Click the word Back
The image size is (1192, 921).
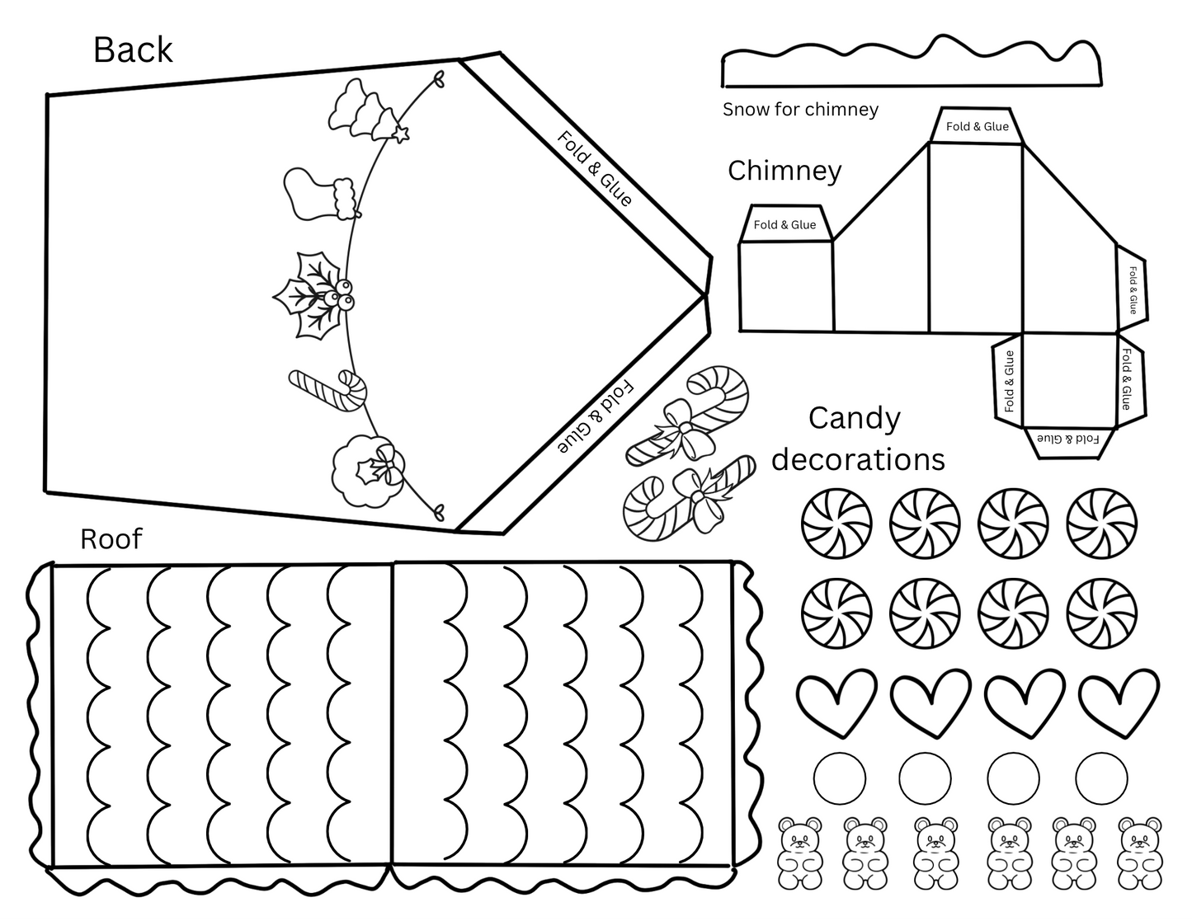click(x=133, y=50)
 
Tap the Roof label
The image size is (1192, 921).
click(x=111, y=539)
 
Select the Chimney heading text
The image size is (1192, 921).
click(x=784, y=171)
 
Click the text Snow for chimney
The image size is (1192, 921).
click(x=800, y=110)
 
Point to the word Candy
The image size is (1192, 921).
click(x=854, y=418)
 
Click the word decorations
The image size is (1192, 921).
click(x=858, y=459)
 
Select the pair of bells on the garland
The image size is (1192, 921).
click(x=358, y=109)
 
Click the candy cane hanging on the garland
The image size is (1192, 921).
click(x=329, y=388)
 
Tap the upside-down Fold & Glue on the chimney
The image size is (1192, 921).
click(x=1068, y=439)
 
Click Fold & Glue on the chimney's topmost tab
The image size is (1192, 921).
click(x=977, y=126)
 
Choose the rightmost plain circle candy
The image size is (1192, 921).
click(x=1101, y=778)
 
